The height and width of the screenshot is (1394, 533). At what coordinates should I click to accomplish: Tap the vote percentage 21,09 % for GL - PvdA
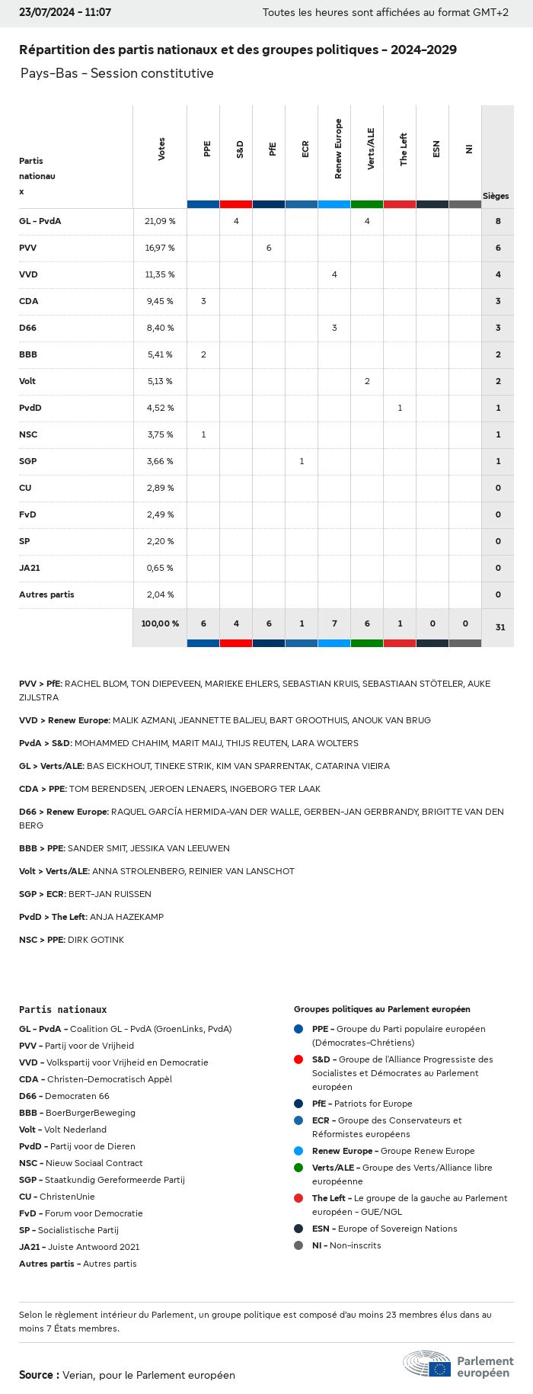(160, 221)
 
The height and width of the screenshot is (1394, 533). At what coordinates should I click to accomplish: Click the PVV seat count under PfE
(269, 248)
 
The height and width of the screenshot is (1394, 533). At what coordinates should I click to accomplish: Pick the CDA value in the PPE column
(203, 301)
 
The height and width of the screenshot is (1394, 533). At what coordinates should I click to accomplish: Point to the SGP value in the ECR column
(302, 461)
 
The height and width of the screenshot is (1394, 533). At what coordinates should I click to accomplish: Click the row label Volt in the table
(27, 381)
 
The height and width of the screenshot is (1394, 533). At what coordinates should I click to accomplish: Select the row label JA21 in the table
(29, 568)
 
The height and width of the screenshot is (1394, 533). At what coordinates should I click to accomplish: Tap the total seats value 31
(500, 627)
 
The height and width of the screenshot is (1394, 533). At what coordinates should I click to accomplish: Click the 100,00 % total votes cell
(160, 623)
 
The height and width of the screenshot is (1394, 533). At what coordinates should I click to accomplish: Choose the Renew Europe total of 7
(334, 623)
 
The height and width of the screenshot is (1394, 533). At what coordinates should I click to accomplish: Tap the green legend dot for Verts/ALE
(298, 1168)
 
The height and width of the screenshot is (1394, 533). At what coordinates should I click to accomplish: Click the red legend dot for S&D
(298, 1059)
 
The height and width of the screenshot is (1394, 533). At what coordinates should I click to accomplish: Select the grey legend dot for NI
(298, 1245)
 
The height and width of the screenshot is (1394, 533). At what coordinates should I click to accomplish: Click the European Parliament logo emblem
(427, 1364)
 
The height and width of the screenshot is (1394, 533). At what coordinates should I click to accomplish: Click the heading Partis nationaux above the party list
(63, 1009)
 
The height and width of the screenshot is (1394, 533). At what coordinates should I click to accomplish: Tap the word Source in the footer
(36, 1375)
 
